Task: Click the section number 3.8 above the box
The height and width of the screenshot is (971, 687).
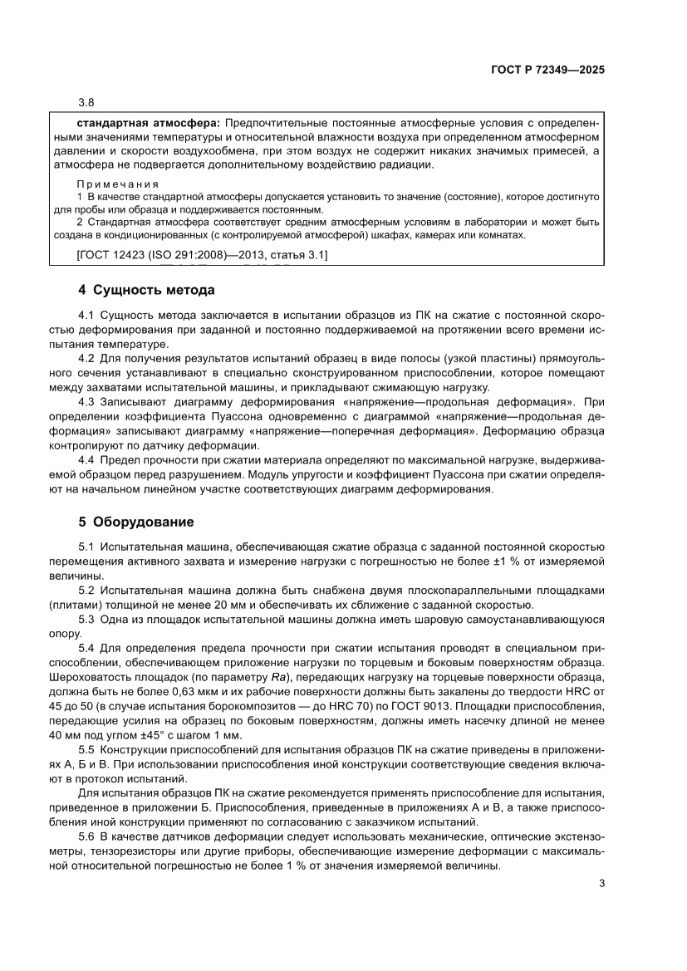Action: tap(86, 104)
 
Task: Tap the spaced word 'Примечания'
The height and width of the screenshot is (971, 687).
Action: tap(118, 184)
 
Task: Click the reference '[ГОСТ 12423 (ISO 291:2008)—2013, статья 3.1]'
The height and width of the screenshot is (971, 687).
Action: tap(201, 257)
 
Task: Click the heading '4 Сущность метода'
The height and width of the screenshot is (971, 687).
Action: tap(146, 291)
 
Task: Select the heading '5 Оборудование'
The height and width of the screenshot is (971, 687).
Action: tap(136, 522)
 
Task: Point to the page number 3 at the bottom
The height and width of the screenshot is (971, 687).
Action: tap(601, 883)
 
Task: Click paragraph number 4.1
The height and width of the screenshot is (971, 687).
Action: tap(86, 315)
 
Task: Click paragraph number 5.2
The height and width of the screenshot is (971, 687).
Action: tap(86, 590)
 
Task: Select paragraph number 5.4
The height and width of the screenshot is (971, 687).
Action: tap(86, 647)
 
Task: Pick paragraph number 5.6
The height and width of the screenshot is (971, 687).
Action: tap(86, 836)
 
